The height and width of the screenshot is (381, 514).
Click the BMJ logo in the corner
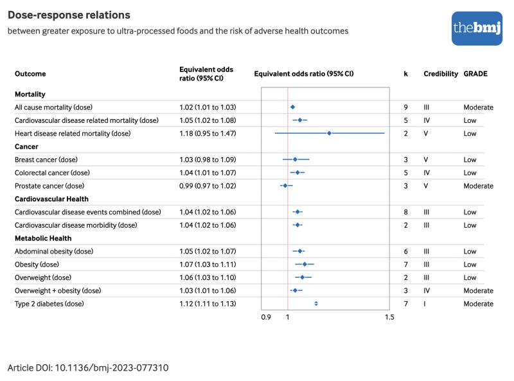click(476, 28)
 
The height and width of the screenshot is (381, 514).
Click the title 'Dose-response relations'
click(69, 15)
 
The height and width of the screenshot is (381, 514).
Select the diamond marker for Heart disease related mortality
click(329, 133)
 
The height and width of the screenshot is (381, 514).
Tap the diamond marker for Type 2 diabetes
click(315, 303)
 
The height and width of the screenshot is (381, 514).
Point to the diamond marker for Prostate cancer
click(285, 185)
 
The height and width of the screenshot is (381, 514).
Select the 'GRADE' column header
click(475, 74)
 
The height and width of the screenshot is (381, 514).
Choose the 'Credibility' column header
click(441, 74)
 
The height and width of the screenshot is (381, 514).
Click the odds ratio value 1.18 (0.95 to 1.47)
click(208, 133)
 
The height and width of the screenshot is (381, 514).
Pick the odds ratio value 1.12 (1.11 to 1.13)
click(207, 303)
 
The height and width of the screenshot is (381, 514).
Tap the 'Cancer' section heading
click(26, 146)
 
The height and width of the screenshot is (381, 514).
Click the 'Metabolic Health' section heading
click(43, 238)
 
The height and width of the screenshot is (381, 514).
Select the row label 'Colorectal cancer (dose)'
click(52, 172)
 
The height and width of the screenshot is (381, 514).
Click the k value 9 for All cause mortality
click(405, 107)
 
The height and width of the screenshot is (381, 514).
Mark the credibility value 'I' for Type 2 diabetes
click(425, 303)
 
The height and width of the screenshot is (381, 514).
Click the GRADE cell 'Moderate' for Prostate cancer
click(478, 185)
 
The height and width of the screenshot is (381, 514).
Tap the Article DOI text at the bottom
click(88, 367)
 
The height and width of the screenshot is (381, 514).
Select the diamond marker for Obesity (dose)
click(305, 264)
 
